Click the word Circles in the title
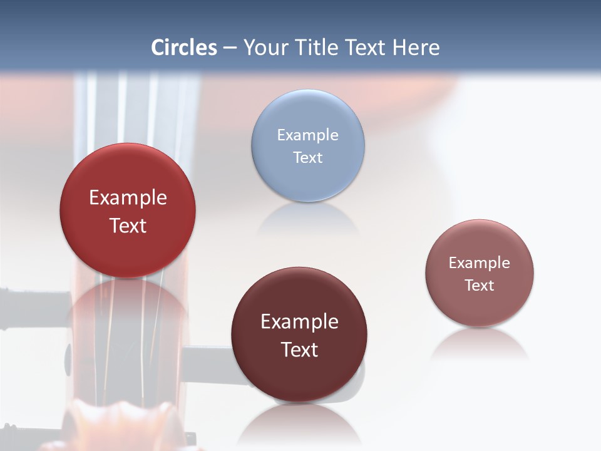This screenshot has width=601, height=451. (183, 48)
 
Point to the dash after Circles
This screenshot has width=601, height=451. (230, 48)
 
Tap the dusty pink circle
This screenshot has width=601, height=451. (480, 307)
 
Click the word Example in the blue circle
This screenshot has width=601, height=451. (307, 135)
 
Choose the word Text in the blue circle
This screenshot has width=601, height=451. (307, 157)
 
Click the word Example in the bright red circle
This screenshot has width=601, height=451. (128, 197)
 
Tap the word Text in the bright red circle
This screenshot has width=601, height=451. (128, 225)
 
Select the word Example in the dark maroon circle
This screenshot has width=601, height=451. (299, 321)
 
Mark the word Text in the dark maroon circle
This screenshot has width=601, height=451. (299, 350)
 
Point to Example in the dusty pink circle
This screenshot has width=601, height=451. (480, 262)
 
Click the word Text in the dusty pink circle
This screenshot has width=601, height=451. (480, 285)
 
